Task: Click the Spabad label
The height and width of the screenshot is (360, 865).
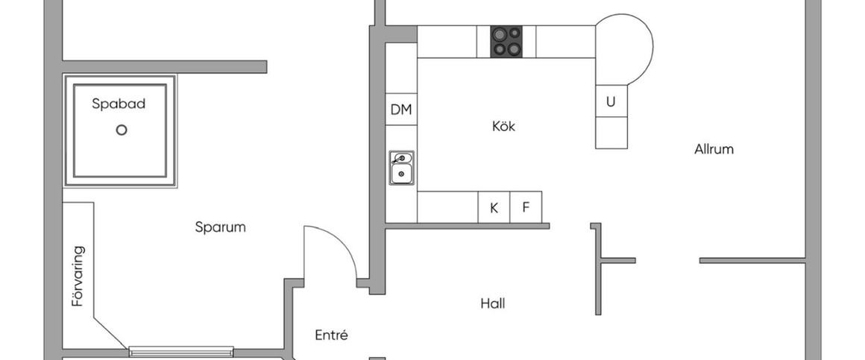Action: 119,104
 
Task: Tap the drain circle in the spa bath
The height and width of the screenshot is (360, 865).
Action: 122,130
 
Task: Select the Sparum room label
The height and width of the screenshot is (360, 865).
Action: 220,227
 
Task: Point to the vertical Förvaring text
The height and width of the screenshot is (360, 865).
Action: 78,277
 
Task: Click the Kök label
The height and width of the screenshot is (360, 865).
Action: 503,126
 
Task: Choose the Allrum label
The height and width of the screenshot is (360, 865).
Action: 714,149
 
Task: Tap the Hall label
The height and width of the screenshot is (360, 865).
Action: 493,303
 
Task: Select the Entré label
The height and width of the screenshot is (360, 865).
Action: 332,335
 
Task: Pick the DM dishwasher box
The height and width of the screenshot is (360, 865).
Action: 401,109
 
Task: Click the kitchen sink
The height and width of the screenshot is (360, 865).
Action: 402,168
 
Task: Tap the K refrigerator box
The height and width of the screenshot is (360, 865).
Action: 494,207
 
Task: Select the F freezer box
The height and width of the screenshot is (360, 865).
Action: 526,207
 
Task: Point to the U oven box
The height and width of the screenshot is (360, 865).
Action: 611,101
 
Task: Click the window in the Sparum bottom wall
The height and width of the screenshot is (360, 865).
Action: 181,351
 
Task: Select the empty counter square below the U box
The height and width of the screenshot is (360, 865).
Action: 611,133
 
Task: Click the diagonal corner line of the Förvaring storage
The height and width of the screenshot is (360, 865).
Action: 111,332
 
